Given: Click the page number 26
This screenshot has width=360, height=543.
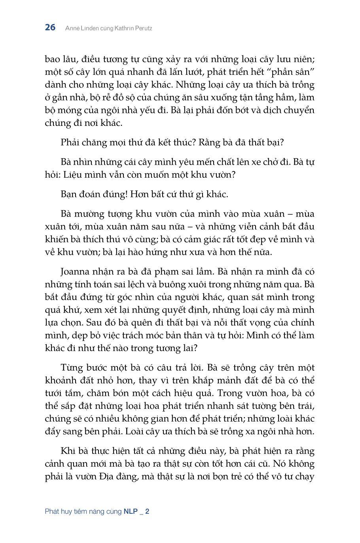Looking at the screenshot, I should (x=50, y=28).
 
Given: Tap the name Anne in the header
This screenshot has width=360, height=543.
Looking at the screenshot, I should (x=72, y=28).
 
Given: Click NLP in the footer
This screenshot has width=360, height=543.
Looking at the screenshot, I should (x=131, y=511).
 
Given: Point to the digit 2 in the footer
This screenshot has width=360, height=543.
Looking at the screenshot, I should (x=147, y=511).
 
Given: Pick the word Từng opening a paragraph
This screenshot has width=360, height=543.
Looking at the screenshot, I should (x=72, y=367).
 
